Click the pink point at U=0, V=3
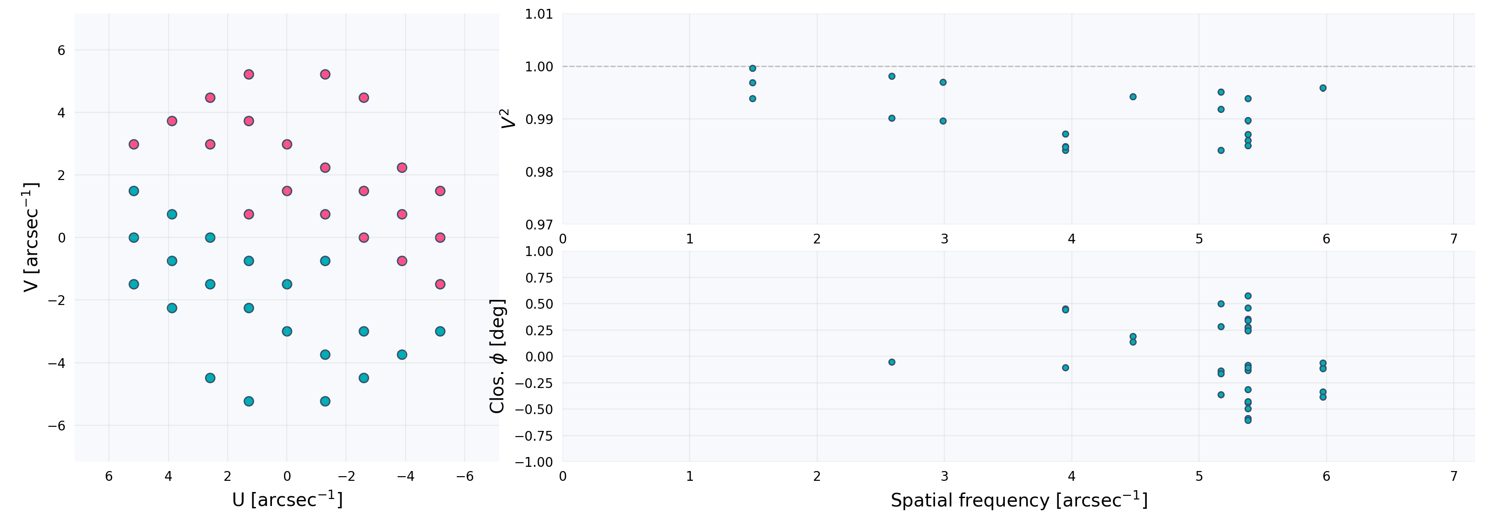pos(287,144)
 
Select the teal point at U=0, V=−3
pos(287,331)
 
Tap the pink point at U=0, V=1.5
pos(287,191)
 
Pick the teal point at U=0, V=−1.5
pos(287,284)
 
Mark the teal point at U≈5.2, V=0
pos(134,237)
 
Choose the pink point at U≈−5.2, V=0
pos(440,237)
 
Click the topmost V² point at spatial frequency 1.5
pos(752,69)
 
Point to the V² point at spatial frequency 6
pos(1323,88)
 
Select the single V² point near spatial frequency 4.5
pos(1133,97)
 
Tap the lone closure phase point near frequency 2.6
pos(892,362)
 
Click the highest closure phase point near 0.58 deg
pos(1248,296)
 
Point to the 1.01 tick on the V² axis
pos(539,14)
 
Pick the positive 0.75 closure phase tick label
pos(539,278)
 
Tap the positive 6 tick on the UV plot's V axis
pos(61,50)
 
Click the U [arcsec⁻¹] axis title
pos(287,499)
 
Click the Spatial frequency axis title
pos(1019,499)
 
